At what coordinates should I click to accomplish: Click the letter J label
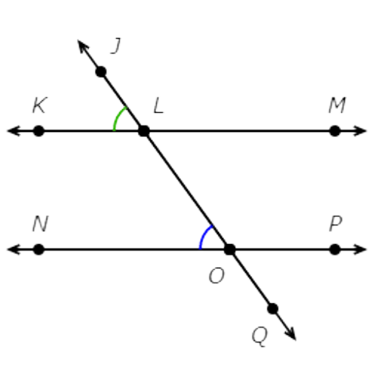pos(116,45)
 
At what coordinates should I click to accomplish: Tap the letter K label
pos(39,105)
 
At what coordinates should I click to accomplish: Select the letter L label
pos(158,105)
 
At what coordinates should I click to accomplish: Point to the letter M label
pos(337,105)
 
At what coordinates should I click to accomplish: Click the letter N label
pos(40,224)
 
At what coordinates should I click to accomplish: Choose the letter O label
pos(216,275)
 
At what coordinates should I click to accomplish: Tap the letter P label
pos(336,224)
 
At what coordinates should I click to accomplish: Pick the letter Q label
pos(259,337)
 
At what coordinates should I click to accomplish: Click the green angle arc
pos(117,117)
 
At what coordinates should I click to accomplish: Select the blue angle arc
pos(204,236)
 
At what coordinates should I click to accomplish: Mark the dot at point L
pos(144,131)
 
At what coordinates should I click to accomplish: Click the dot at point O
pos(230,249)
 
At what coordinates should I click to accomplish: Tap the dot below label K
pos(39,131)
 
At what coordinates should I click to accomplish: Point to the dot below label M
pos(335,131)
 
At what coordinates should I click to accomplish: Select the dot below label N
pos(39,249)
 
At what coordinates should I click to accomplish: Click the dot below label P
pos(335,249)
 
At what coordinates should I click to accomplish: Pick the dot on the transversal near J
pos(101,72)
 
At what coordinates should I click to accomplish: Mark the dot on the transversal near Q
pos(273,309)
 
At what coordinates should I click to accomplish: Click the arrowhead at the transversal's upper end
pos(83,45)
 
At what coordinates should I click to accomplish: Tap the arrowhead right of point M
pos(360,131)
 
